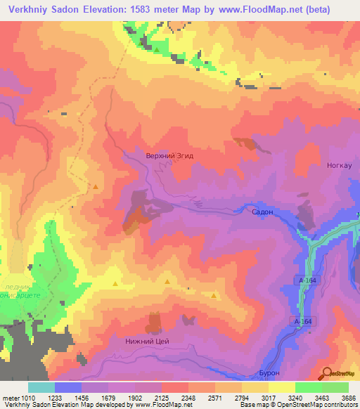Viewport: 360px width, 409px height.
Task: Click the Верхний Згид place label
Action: coord(169,155)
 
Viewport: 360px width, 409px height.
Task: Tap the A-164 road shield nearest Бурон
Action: coord(302,321)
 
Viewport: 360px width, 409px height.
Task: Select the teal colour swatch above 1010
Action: coord(41,387)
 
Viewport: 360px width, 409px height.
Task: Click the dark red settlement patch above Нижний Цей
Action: coord(153,323)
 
